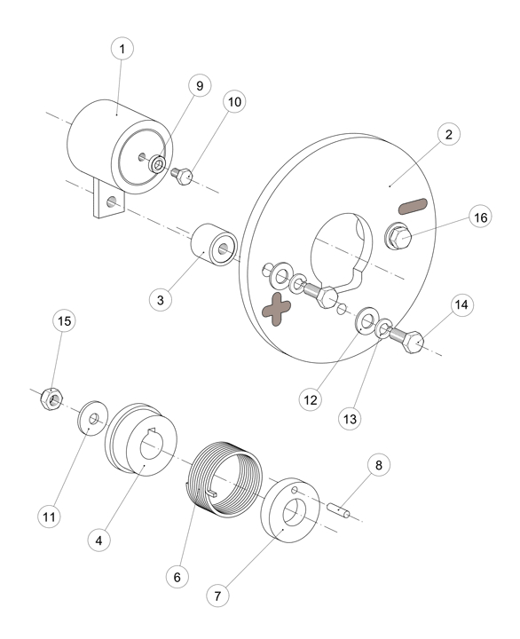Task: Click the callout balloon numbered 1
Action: tap(122, 49)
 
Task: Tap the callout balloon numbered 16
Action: tap(480, 217)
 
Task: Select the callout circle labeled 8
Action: tap(379, 465)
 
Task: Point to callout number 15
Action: tap(65, 321)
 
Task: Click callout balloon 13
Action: tap(350, 419)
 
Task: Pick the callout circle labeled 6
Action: tap(177, 577)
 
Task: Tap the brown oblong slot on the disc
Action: tap(413, 207)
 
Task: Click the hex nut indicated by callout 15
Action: tap(51, 399)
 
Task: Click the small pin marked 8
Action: tap(339, 510)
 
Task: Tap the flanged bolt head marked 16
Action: tap(398, 237)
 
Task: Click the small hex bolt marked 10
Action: tap(182, 176)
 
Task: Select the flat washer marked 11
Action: tap(93, 418)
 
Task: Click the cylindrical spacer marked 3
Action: tap(214, 245)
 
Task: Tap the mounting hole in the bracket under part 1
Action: tap(111, 201)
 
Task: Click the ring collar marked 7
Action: tap(290, 510)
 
